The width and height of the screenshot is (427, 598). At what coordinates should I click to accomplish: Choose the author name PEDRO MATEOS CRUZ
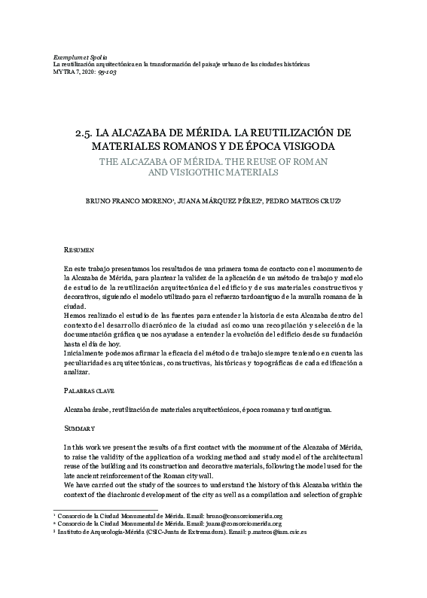point(303,203)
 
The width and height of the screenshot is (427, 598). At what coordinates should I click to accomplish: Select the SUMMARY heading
point(80,427)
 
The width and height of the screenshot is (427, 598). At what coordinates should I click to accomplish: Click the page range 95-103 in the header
point(105,72)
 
